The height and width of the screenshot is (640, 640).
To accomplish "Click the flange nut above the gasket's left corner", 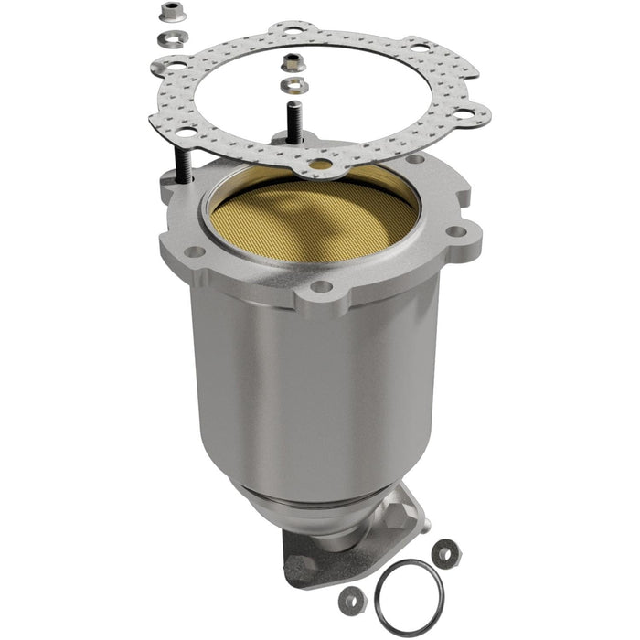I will [168, 13].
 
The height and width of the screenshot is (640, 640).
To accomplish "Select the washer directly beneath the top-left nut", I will [171, 37].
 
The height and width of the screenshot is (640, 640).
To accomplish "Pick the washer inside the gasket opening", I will [291, 85].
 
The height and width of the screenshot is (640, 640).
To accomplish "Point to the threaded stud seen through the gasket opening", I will [294, 123].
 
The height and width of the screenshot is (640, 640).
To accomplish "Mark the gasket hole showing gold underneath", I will [320, 165].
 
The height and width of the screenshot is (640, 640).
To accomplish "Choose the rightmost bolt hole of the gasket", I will [474, 114].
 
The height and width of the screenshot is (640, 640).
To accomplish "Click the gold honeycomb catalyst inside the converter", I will [311, 219].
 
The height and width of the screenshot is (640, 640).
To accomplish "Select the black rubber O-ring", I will [412, 597].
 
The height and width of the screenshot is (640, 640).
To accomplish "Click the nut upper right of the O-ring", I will [445, 552].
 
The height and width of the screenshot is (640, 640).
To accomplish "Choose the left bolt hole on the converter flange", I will [194, 251].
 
